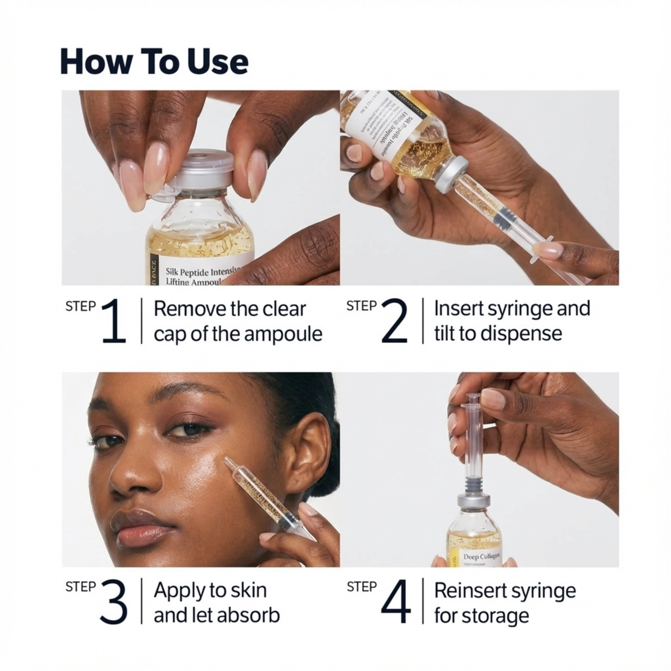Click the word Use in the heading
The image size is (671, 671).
[x=217, y=62]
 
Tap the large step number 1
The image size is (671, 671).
[x=114, y=321]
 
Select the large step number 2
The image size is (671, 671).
[x=394, y=321]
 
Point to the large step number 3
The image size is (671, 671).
[x=114, y=602]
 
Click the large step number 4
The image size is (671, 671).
[x=395, y=602]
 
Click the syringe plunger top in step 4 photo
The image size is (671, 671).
[x=473, y=397]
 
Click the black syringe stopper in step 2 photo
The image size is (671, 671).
[x=504, y=216]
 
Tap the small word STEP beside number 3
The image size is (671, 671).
[x=80, y=587]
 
